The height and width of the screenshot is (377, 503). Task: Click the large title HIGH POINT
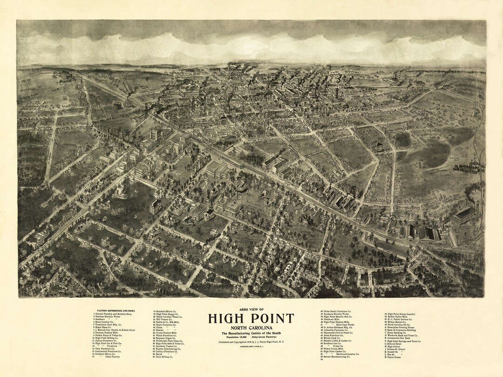tap(251, 318)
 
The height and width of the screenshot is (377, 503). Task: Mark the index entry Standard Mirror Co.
tap(167, 310)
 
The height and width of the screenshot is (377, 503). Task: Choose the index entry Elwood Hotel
tap(396, 344)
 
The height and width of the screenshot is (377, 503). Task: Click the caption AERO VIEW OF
tap(251, 310)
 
